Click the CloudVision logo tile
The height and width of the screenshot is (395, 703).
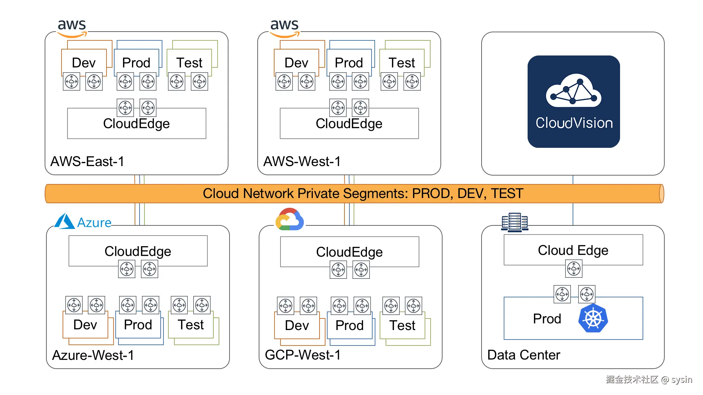click(x=574, y=101)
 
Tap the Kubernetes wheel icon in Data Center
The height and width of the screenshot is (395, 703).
click(x=593, y=318)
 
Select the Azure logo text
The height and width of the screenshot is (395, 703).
click(x=94, y=223)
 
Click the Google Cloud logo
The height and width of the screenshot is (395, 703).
click(x=290, y=219)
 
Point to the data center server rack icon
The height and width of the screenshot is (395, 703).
click(x=515, y=222)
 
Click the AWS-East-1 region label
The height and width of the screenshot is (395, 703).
click(x=87, y=162)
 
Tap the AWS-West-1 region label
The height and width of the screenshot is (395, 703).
click(x=302, y=162)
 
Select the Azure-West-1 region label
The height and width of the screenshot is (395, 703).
click(x=93, y=355)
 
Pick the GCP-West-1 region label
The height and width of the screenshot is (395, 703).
click(x=303, y=355)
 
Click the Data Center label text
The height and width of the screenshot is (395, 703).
click(x=524, y=355)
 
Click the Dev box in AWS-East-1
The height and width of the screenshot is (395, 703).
click(x=84, y=62)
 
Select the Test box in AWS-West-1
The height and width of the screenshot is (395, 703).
click(x=402, y=62)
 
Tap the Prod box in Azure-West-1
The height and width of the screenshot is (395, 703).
click(x=138, y=325)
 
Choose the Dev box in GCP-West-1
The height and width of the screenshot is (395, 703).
click(x=297, y=325)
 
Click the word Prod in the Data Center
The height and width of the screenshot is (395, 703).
click(x=547, y=319)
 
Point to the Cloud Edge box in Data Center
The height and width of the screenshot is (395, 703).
click(x=573, y=250)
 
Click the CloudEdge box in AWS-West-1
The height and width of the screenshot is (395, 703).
click(x=349, y=123)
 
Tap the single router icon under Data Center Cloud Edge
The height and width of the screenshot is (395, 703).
click(x=574, y=269)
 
